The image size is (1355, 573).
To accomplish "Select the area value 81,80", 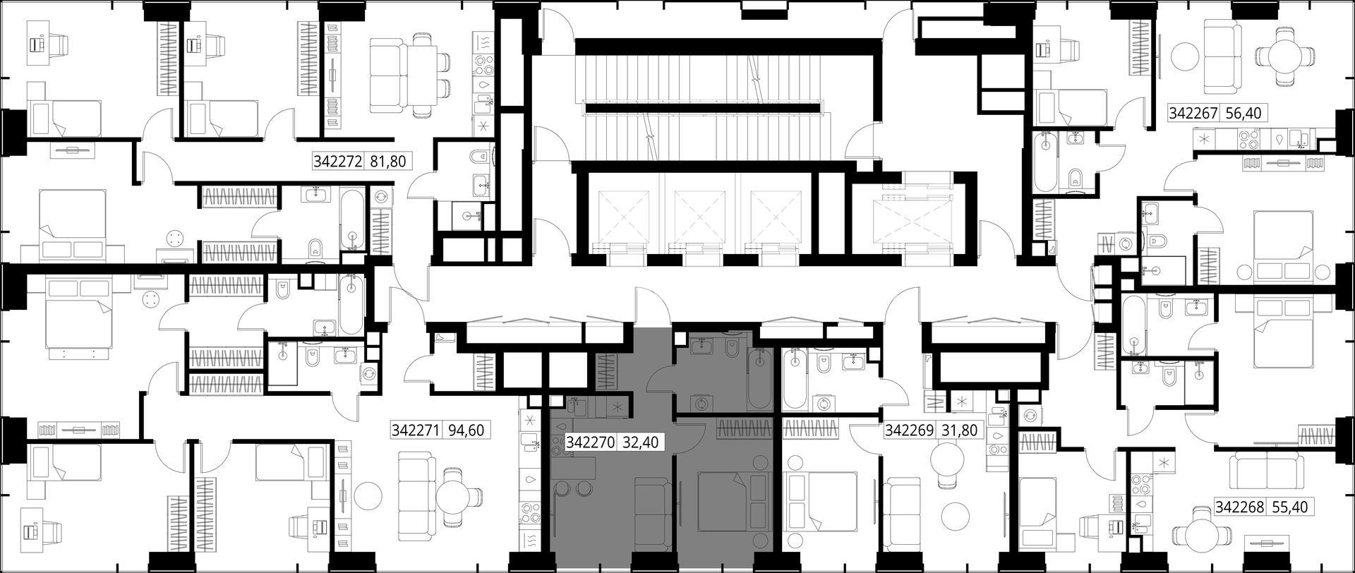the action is coord(388,162).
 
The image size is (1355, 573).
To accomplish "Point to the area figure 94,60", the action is coord(466,430).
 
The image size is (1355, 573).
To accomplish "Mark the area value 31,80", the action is coord(960,430).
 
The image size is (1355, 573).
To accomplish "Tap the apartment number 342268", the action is coord(1240,507).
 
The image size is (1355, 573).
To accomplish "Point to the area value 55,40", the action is coord(1290,507).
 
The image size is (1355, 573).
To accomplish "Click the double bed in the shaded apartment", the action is coord(733,502).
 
